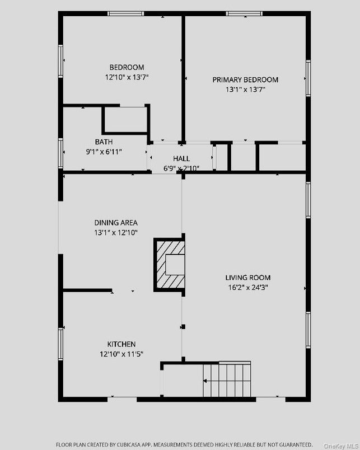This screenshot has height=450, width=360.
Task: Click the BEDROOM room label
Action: (x=127, y=67)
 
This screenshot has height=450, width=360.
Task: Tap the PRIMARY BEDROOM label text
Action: (x=245, y=79)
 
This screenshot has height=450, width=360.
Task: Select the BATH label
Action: (x=104, y=142)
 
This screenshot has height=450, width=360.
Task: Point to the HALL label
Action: (x=181, y=159)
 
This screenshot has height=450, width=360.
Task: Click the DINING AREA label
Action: (x=116, y=223)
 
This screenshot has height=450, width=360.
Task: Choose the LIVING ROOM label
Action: (x=248, y=278)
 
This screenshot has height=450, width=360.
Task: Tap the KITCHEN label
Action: (x=121, y=344)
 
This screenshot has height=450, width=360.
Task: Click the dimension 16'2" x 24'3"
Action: (x=248, y=288)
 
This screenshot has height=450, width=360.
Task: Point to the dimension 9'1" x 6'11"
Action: (x=104, y=152)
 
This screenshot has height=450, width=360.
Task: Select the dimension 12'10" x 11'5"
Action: (x=121, y=354)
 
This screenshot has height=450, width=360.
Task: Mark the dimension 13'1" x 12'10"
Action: (x=116, y=232)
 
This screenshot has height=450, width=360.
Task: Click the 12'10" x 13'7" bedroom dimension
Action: (x=127, y=77)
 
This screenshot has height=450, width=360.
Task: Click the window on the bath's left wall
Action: (x=60, y=153)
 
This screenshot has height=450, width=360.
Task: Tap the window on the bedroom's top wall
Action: (x=125, y=13)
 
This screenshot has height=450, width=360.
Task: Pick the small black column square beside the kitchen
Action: (x=183, y=326)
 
